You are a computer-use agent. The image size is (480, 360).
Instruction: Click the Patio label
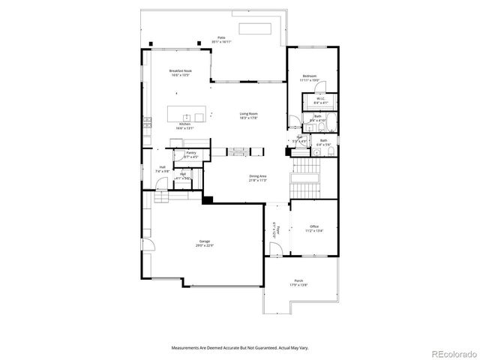[221, 37]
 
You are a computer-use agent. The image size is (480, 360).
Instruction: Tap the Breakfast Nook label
[180, 70]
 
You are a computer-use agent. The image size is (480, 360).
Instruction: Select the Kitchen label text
[184, 124]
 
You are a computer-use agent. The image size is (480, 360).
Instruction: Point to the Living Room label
[249, 114]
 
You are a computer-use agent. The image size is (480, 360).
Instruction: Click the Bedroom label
[310, 76]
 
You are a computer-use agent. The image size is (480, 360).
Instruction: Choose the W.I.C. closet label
[319, 98]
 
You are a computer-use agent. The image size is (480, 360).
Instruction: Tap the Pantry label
[191, 152]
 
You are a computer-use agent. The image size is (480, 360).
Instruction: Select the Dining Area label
[258, 176]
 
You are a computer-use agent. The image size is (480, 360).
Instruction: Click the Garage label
[204, 241]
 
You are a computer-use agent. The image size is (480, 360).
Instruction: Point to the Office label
[314, 226]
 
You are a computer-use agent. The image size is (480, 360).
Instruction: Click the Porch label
[298, 282]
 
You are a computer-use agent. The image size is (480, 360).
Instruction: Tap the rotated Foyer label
[274, 229]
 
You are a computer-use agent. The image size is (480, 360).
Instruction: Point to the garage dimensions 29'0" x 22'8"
[204, 245]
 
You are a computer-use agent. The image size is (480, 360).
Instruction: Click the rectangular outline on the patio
[256, 28]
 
